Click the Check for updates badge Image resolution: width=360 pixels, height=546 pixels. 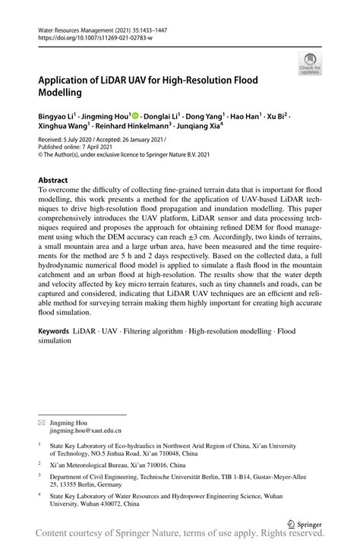(x=310, y=63)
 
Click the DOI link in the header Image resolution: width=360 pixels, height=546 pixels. (x=91, y=36)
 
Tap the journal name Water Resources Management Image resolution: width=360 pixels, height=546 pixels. (x=76, y=27)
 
